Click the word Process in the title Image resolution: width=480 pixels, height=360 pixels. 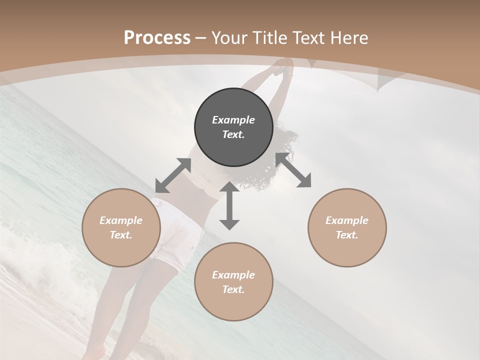tap(157, 37)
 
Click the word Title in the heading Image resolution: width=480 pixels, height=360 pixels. tap(269, 37)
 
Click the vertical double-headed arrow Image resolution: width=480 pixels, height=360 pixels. tap(229, 206)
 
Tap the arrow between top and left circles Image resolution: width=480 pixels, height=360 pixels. tap(173, 175)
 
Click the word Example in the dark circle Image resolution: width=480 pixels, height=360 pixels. tap(233, 120)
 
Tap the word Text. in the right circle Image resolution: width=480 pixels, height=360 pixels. tap(347, 235)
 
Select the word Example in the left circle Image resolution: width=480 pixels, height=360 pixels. tap(121, 220)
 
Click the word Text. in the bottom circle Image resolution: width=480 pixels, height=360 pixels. tap(233, 289)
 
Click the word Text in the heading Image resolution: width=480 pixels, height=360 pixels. tap(307, 37)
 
